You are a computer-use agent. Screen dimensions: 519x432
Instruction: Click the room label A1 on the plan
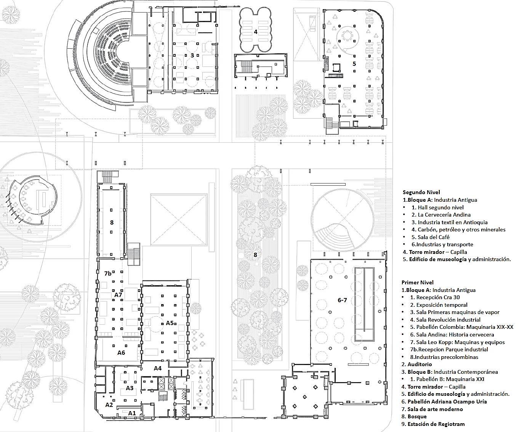tap(132, 413)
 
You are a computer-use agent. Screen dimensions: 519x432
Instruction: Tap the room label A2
tap(109, 405)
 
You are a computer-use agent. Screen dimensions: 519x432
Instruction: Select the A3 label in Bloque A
tap(130, 388)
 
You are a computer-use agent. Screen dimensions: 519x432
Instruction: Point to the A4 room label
tap(158, 368)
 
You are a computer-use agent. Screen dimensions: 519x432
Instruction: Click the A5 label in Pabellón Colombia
tap(170, 323)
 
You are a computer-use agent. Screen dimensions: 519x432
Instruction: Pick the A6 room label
tap(121, 352)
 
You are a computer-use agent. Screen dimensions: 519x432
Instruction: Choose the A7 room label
tap(118, 295)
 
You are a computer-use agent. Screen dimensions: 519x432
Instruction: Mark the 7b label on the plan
tap(108, 273)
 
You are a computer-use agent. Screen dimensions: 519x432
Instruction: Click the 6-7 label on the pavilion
tap(342, 300)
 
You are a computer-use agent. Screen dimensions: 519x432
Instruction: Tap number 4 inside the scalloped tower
tap(256, 32)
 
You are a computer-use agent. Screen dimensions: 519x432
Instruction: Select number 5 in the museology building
tap(354, 64)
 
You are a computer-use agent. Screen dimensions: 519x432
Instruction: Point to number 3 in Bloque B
tap(192, 55)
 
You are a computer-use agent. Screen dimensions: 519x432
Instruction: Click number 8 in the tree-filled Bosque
tap(256, 255)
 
